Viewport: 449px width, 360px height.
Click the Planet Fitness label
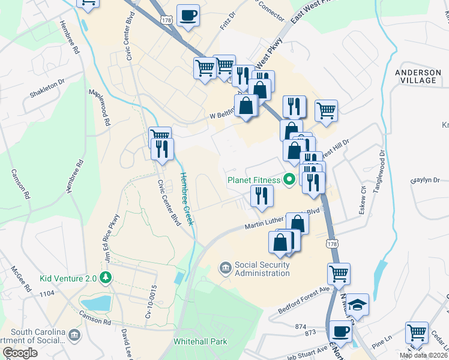[x=253, y=179]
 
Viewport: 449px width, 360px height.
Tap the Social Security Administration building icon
[x=226, y=266]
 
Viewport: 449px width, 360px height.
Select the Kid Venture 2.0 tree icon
[x=106, y=277]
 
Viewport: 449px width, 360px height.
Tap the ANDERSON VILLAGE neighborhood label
[x=415, y=76]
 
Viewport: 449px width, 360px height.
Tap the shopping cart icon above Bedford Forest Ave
[x=339, y=274]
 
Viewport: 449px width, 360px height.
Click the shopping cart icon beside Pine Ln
[x=417, y=332]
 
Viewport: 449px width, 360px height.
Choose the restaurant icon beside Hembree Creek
[x=162, y=148]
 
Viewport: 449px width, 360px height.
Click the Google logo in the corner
[x=20, y=353]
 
